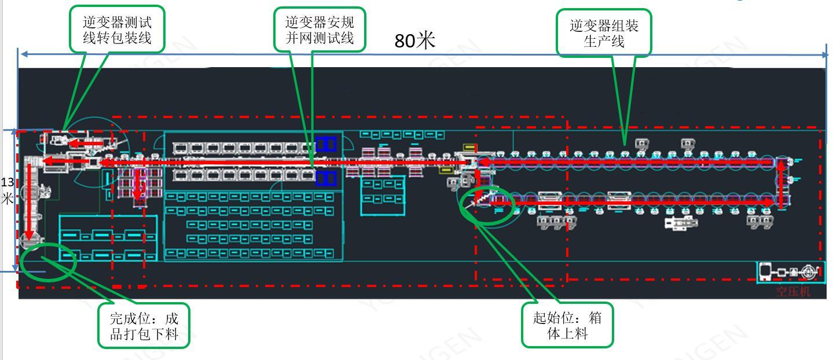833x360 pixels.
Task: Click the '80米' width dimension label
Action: [414, 40]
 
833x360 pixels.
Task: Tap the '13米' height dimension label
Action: [7, 190]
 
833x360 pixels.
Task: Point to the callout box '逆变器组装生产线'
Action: [604, 33]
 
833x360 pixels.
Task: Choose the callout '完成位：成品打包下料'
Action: [144, 326]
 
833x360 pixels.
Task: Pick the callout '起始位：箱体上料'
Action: [567, 325]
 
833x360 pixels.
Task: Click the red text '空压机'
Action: [793, 291]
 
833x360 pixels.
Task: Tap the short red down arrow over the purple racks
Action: [138, 185]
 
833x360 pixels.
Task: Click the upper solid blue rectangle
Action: [326, 144]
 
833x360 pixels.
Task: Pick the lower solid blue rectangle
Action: [326, 178]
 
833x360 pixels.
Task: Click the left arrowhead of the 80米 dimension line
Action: [23, 54]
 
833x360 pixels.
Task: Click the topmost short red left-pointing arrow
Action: [87, 142]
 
